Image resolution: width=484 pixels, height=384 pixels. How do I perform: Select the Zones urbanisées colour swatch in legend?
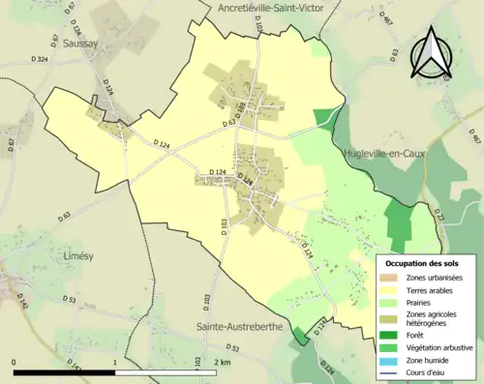point(394,278)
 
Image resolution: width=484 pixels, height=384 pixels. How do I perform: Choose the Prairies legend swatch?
point(394,303)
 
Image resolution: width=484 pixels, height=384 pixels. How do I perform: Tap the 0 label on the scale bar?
point(14,362)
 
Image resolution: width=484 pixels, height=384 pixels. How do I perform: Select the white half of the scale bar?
point(166,372)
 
